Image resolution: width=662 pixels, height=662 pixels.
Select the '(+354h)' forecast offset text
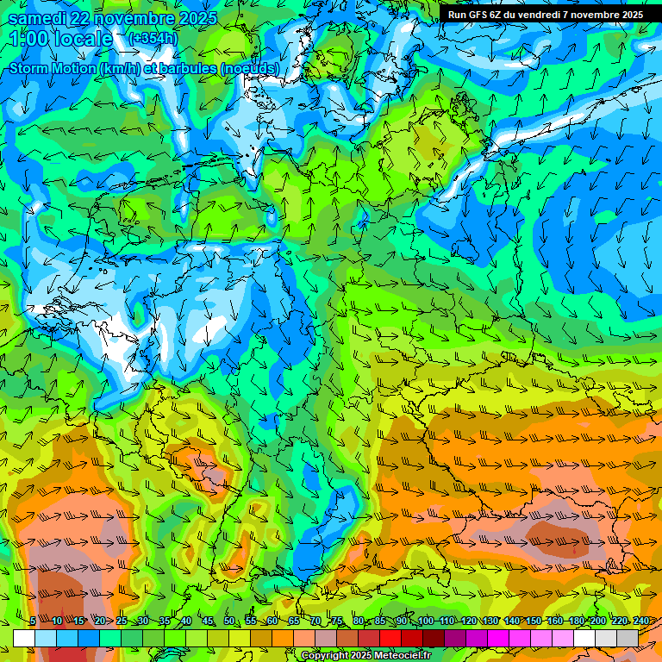pyautogui.click(x=153, y=38)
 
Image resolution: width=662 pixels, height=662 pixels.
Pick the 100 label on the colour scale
pyautogui.click(x=424, y=621)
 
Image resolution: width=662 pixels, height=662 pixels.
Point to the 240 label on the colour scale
pyautogui.click(x=640, y=621)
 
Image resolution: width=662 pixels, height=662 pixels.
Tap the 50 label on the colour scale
pyautogui.click(x=229, y=621)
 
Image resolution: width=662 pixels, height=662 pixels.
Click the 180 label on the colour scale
pyautogui.click(x=575, y=621)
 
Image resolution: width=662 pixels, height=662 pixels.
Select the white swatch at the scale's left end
pyautogui.click(x=24, y=638)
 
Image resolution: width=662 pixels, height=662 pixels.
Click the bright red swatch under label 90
pyautogui.click(x=390, y=638)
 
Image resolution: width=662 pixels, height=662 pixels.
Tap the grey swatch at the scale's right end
pyautogui.click(x=628, y=638)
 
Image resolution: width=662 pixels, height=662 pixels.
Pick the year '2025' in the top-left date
pyautogui.click(x=194, y=18)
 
